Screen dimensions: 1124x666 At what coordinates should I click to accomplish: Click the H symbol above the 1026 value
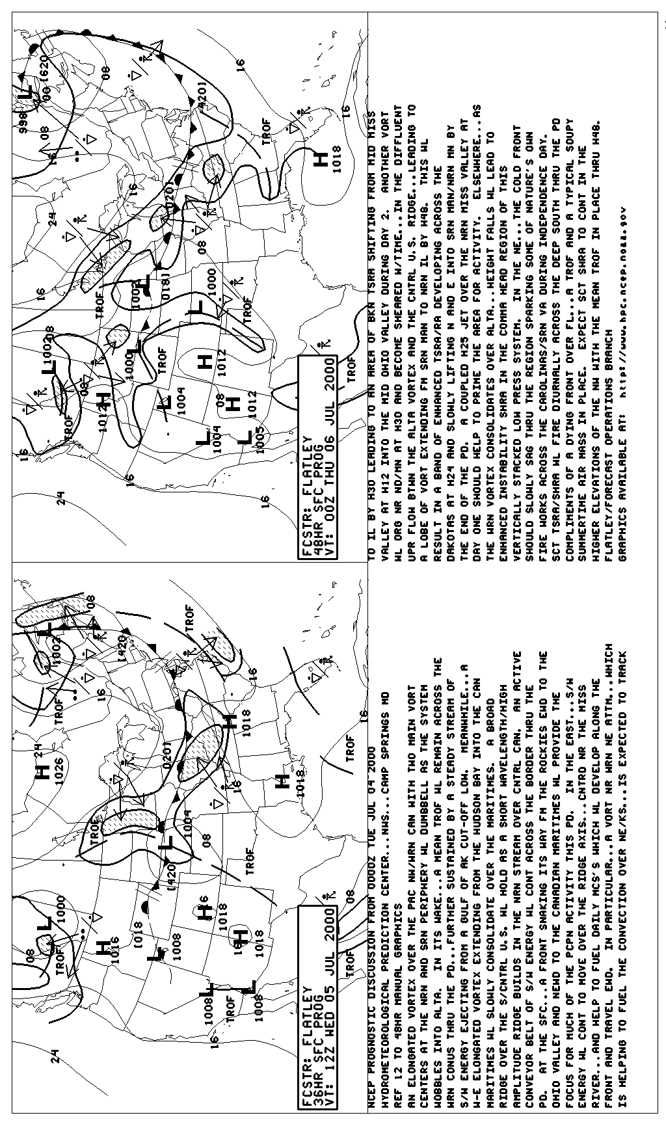pos(43,773)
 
